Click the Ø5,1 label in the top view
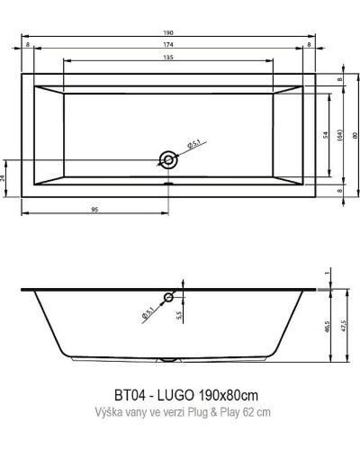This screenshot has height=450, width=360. tap(193, 145)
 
